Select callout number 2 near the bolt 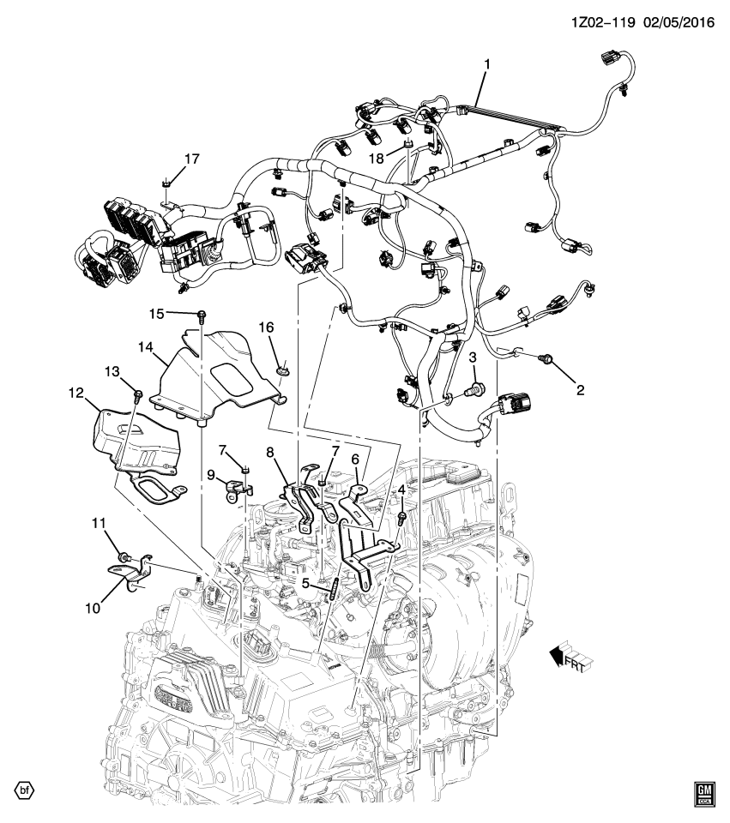[580, 390]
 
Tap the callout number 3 [472, 357]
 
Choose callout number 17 [191, 159]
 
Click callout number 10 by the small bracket [93, 608]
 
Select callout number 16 [267, 327]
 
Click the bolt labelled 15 [202, 315]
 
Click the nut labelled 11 [124, 558]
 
